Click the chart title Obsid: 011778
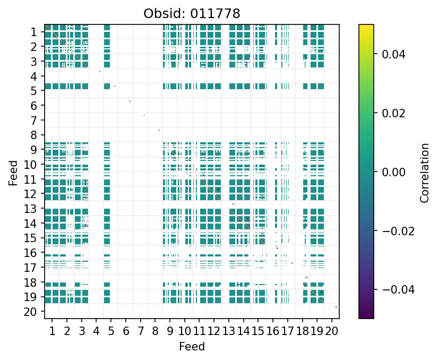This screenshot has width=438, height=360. [192, 13]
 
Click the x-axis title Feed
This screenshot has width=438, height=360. [192, 347]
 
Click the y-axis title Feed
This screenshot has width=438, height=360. [13, 172]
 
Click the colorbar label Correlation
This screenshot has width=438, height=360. [424, 172]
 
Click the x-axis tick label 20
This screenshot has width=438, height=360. [332, 332]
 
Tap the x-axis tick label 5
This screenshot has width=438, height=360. [111, 332]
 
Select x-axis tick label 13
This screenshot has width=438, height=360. [229, 332]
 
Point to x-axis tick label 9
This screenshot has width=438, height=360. [170, 332]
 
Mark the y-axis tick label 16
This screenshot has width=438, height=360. [30, 253]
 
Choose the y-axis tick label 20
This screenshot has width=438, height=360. [30, 312]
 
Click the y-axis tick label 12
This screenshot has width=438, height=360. [30, 194]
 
